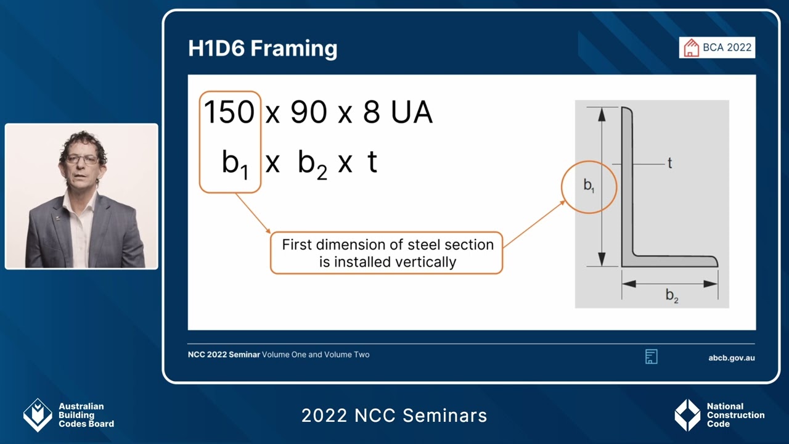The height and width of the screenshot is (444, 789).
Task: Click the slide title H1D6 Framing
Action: click(x=263, y=48)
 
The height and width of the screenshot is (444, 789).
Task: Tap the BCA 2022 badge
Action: click(x=717, y=47)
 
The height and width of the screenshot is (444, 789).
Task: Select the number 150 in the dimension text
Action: click(x=229, y=113)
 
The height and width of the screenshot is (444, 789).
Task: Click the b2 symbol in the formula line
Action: click(x=312, y=163)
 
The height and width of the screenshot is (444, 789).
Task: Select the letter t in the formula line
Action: click(x=372, y=162)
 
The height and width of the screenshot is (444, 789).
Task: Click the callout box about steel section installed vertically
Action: click(x=386, y=253)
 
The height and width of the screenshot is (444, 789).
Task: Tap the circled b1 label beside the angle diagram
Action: click(x=589, y=186)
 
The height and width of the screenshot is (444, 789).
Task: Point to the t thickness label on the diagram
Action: click(x=669, y=163)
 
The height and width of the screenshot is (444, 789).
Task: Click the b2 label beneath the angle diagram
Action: click(x=671, y=296)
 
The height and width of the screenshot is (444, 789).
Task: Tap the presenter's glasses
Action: click(x=81, y=159)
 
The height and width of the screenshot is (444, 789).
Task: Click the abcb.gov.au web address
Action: click(x=732, y=358)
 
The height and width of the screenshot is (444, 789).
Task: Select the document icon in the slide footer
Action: click(x=651, y=356)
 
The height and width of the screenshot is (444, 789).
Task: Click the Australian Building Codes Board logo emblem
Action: click(x=38, y=415)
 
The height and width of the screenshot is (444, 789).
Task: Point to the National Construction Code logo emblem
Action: click(x=687, y=415)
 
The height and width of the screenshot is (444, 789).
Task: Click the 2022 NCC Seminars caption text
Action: click(x=394, y=416)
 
